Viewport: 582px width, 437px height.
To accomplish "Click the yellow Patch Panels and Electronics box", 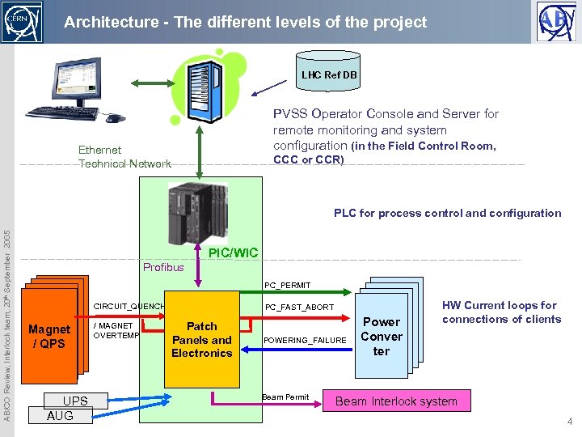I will [201, 340].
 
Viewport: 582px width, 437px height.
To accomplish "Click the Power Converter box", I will [381, 337].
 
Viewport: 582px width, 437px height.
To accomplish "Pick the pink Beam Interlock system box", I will [396, 401].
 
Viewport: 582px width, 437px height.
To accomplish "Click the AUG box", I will [60, 416].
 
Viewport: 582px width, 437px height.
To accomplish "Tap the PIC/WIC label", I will [233, 253].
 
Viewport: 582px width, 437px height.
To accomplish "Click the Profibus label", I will [163, 267].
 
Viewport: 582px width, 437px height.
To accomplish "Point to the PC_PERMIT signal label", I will [287, 285].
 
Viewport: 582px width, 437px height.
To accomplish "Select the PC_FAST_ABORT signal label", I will [298, 308].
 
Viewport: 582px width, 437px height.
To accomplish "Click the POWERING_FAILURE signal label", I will [305, 341].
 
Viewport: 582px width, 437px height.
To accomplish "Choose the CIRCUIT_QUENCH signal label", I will [129, 307].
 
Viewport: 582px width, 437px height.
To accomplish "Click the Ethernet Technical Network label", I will [124, 157].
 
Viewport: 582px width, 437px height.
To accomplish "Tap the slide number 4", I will [569, 422].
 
